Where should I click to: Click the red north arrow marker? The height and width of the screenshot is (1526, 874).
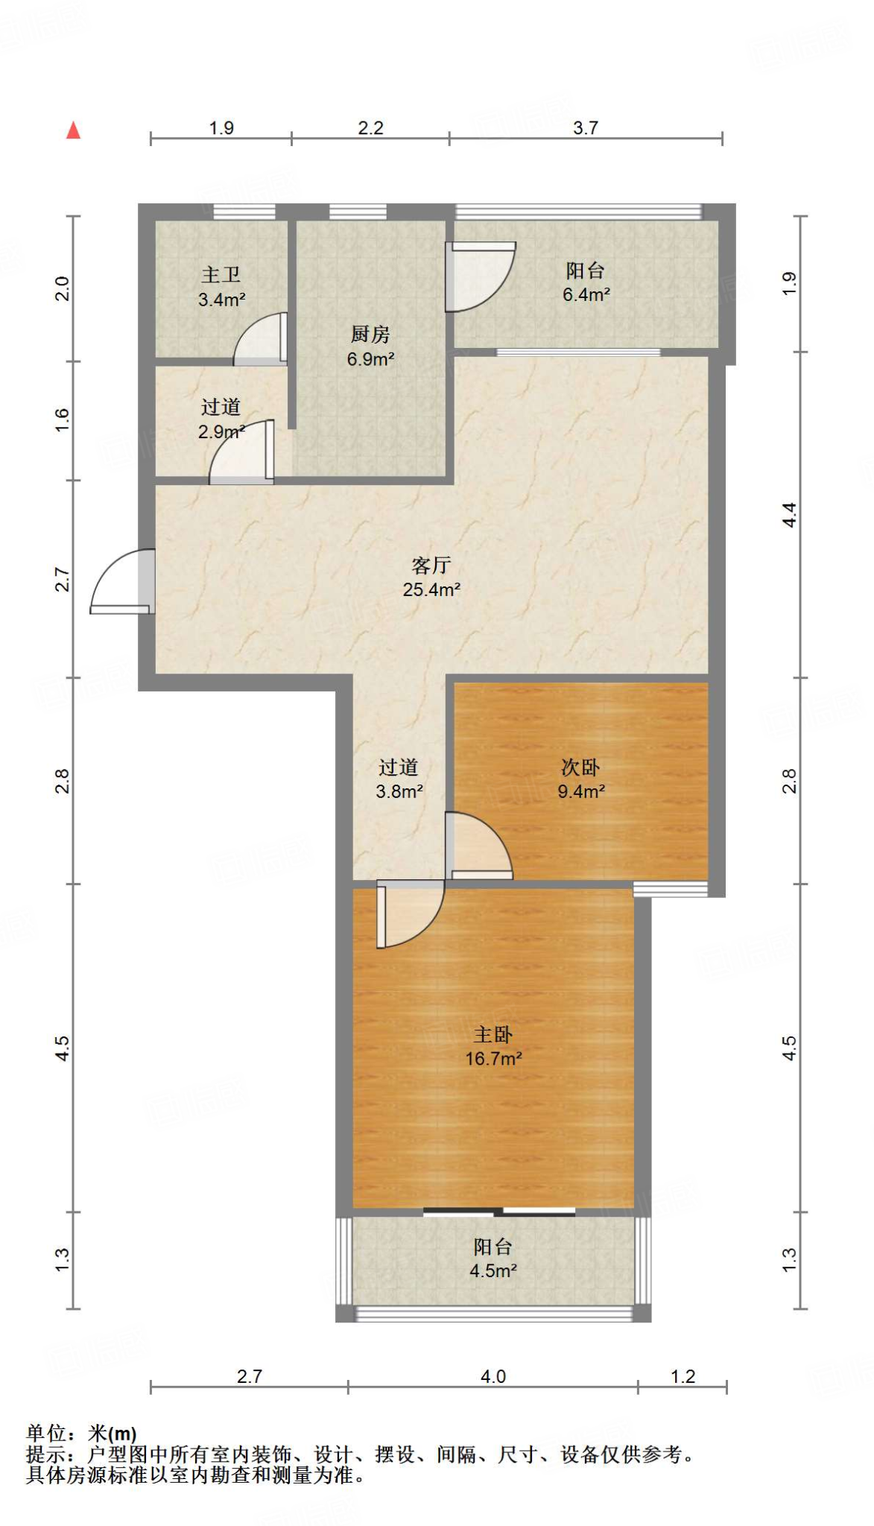73,130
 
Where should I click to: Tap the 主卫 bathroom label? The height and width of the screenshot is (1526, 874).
221,275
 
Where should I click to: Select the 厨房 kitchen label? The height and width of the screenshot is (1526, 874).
370,335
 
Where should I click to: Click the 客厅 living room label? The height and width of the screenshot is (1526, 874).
431,565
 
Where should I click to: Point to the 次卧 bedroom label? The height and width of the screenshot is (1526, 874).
580,767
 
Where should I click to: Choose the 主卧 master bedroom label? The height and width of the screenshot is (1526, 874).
493,1034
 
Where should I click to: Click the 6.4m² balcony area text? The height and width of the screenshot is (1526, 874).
586,295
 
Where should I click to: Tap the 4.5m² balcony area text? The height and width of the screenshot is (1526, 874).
493,1270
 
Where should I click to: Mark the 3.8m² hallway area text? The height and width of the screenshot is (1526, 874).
399,791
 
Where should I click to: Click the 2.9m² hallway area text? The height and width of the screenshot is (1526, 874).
221,432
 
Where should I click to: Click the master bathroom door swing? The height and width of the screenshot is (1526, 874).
261,340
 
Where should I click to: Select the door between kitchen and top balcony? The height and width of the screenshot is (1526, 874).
480,276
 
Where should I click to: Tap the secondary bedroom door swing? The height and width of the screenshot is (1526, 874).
478,846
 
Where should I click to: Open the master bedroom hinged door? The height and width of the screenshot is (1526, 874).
411,914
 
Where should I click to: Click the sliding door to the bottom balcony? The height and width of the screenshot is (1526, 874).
499,1211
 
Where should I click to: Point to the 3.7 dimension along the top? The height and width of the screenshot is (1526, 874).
586,128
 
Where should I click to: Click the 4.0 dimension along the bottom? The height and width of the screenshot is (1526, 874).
493,1376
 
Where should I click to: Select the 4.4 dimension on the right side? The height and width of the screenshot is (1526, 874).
789,515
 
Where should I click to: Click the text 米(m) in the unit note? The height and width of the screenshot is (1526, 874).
113,1433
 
